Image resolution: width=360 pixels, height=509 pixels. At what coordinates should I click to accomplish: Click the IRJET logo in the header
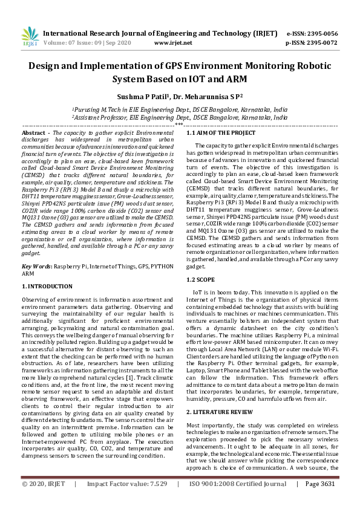coord(29,38)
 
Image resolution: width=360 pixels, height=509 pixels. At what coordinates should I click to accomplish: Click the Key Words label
coord(36,266)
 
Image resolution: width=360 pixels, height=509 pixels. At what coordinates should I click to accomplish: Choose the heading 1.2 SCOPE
coord(200,279)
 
